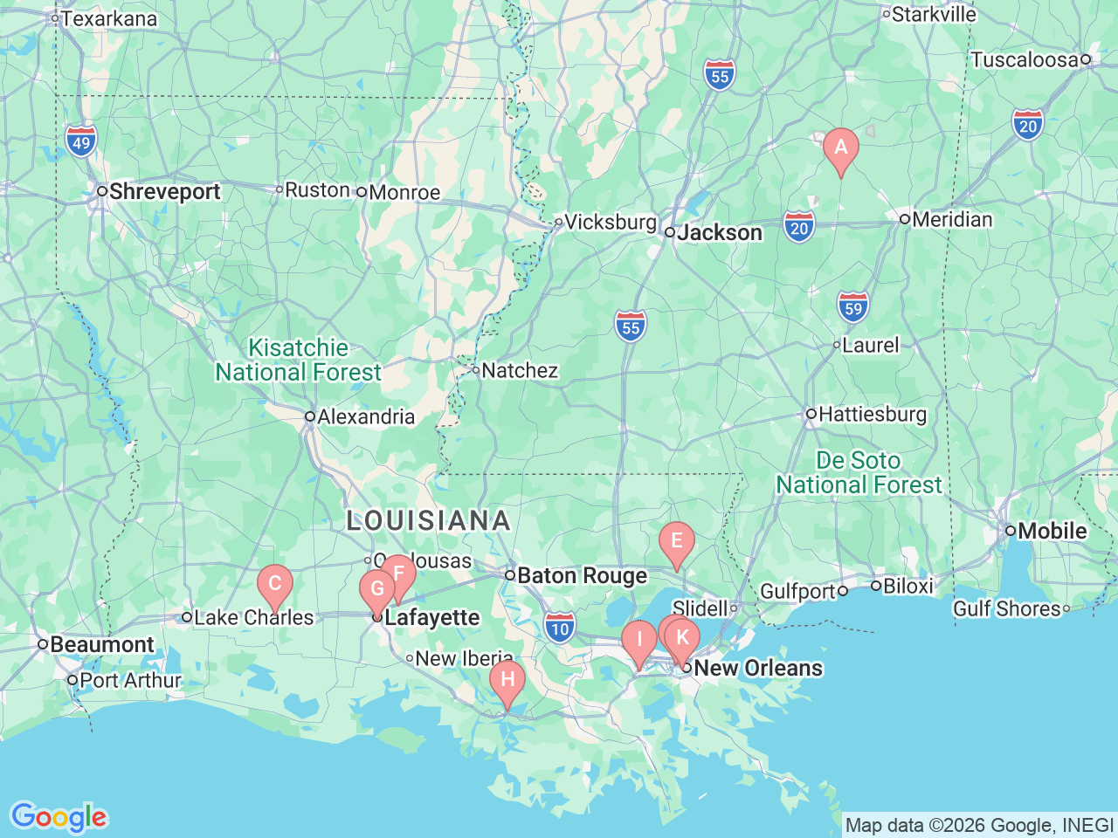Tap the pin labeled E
(676, 541)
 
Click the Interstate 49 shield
(80, 141)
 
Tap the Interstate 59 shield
(852, 307)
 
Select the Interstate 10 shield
(560, 628)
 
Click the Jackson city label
(719, 232)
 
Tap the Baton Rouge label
(582, 575)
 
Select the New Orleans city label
(757, 668)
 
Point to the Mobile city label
(1052, 531)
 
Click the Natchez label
(519, 370)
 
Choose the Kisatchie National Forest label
(299, 360)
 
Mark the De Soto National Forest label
(859, 472)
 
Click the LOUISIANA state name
(428, 520)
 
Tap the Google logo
(59, 817)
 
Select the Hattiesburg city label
(872, 414)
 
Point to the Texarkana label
(109, 18)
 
